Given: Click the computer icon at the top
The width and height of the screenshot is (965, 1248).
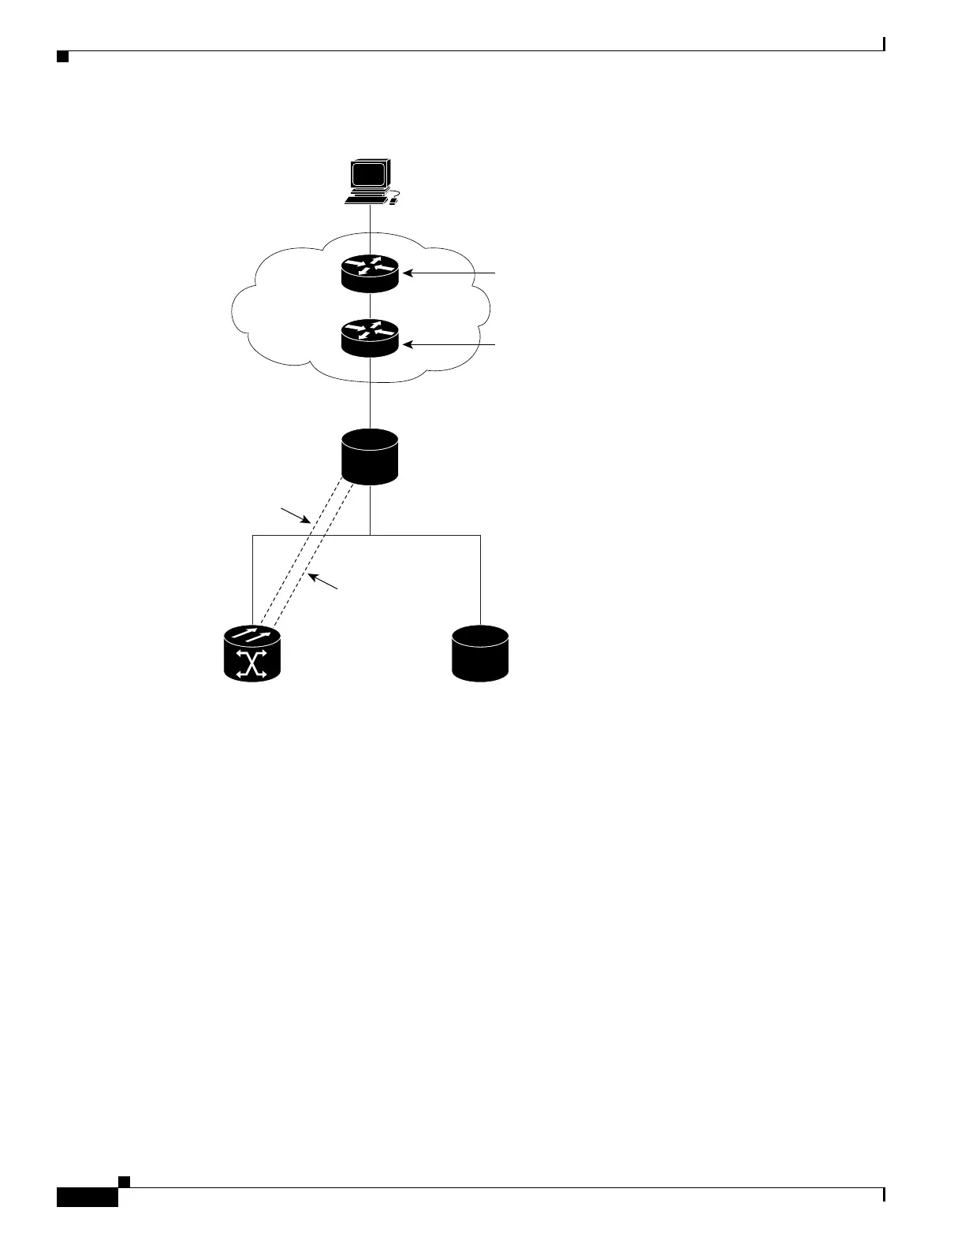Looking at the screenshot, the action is [x=370, y=182].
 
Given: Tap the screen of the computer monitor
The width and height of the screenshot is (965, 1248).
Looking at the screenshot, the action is [x=369, y=174].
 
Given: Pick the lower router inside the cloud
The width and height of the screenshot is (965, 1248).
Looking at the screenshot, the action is [x=370, y=336].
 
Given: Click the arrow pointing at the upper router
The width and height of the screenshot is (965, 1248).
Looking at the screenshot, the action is [x=449, y=273].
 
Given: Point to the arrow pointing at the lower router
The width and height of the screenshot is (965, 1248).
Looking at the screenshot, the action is [x=449, y=345].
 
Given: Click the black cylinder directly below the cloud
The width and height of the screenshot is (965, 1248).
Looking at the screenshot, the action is [x=370, y=456].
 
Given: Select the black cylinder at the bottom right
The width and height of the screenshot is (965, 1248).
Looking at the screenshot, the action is [x=480, y=652].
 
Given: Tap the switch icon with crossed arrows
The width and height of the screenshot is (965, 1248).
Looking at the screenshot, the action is [x=252, y=653].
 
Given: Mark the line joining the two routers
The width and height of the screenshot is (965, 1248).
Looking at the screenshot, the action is [x=370, y=306].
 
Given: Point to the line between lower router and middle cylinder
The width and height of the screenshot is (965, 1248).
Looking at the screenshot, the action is [x=370, y=394].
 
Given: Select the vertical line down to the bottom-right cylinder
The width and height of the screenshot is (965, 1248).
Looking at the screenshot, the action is [x=480, y=579].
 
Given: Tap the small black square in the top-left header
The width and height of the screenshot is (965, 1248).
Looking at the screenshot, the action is [x=62, y=57].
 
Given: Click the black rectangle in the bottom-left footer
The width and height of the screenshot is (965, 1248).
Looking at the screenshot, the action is [x=87, y=1197].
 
